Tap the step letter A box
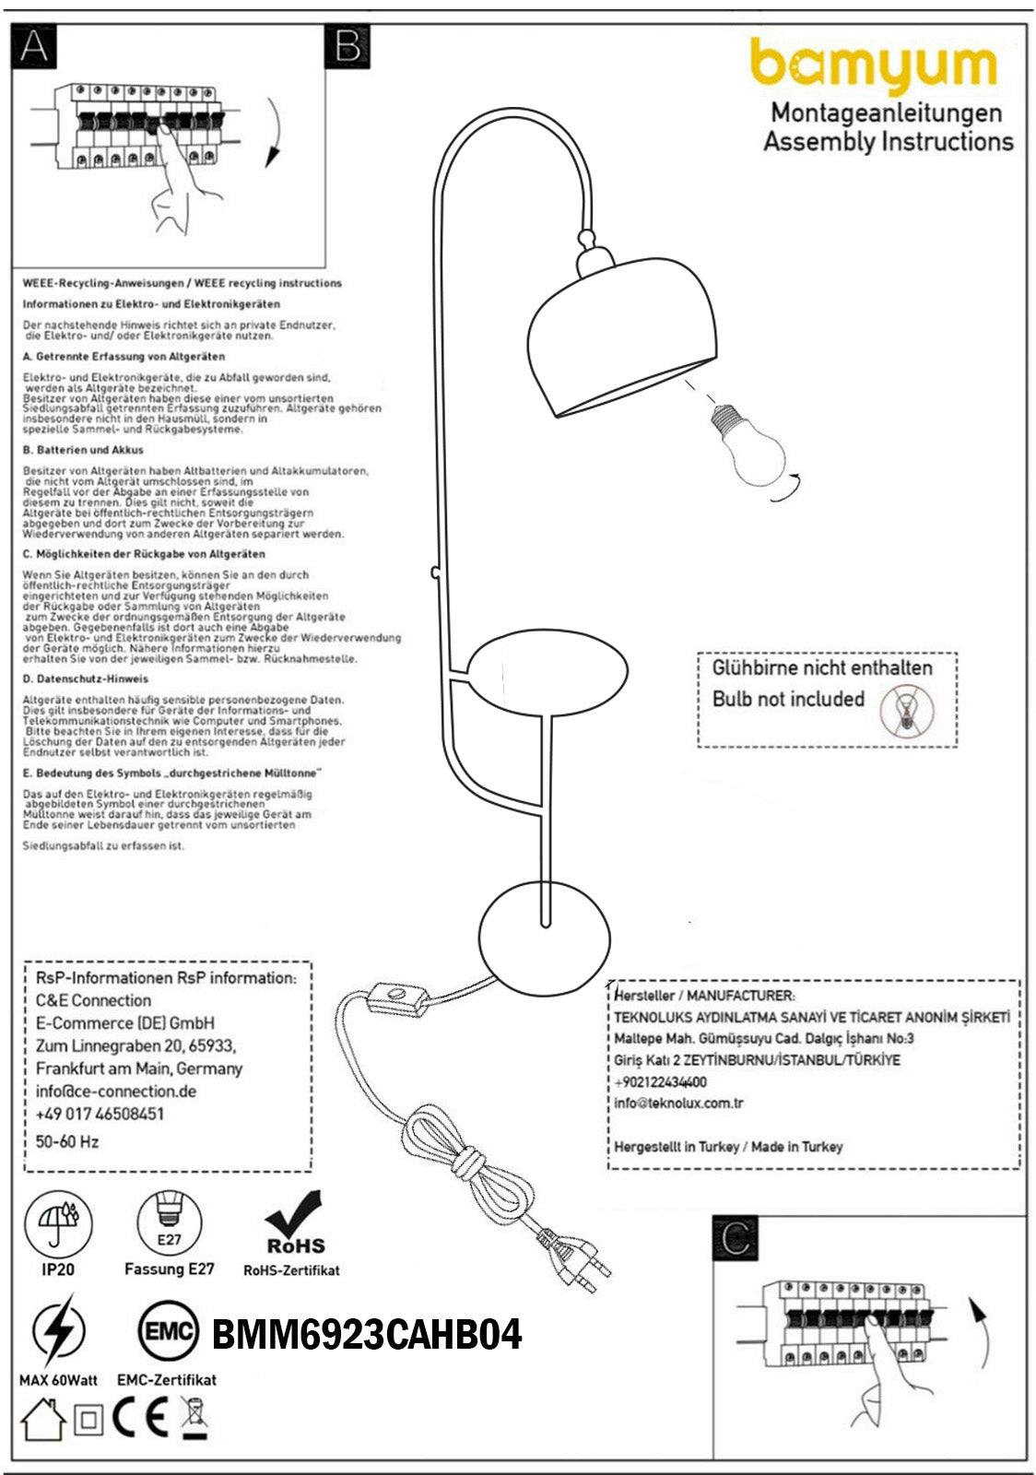tap(34, 46)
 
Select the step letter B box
tap(347, 46)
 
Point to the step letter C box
tap(736, 1238)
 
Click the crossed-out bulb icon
tap(907, 712)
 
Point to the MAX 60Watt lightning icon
tap(57, 1330)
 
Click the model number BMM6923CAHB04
tap(367, 1334)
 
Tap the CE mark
tap(140, 1419)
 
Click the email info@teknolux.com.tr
tap(679, 1103)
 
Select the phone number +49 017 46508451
tap(100, 1114)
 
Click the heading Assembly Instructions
tap(888, 142)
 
